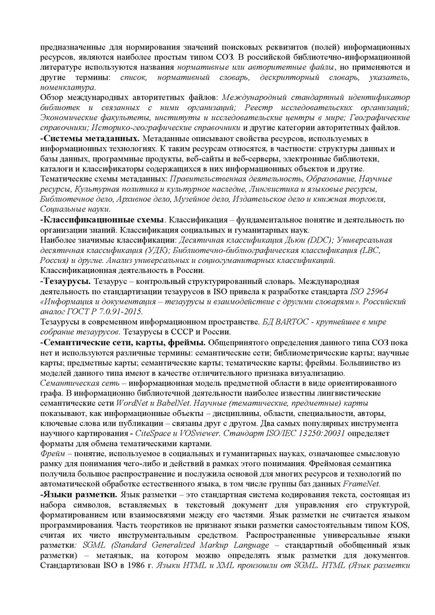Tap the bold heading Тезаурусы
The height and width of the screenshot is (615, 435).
(x=67, y=282)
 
